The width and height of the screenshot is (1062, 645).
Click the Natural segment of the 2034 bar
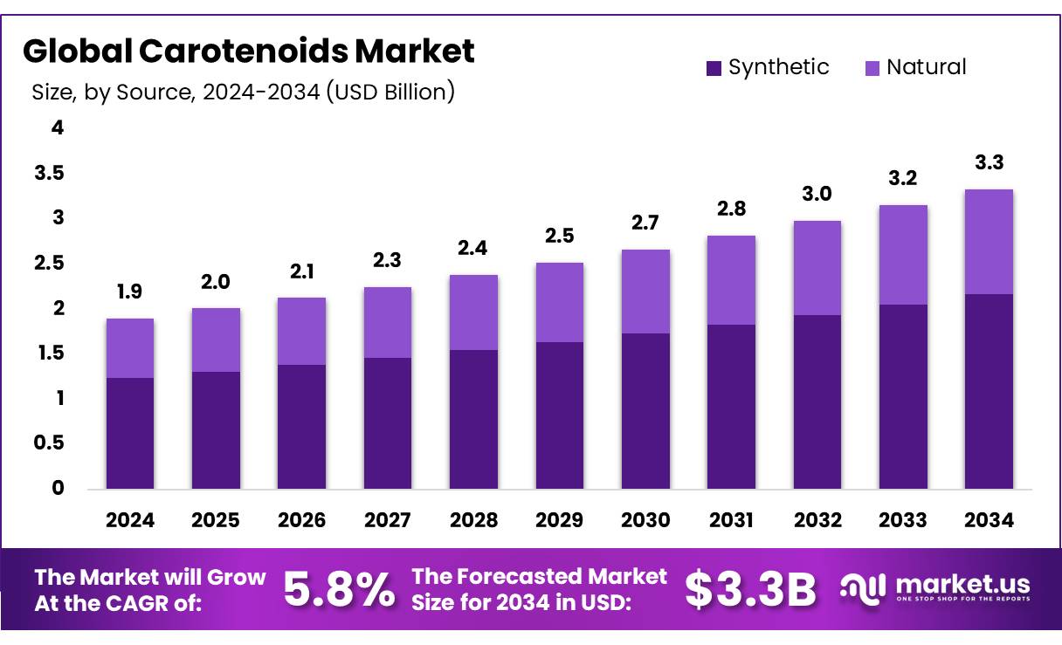[989, 242]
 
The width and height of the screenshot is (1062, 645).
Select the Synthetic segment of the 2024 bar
[130, 433]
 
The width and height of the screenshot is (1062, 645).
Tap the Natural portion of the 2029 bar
[559, 302]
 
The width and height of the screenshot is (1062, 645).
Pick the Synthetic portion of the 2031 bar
[731, 406]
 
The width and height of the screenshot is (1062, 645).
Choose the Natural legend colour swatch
[872, 68]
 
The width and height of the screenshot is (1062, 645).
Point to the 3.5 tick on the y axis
[49, 174]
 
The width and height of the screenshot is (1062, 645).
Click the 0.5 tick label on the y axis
[49, 443]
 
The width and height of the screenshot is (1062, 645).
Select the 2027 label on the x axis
[388, 520]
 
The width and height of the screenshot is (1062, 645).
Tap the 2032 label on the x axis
[817, 520]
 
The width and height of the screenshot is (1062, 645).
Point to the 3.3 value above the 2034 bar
[989, 163]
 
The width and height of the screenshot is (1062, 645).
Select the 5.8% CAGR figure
[339, 590]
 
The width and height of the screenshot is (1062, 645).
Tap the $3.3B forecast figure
[750, 590]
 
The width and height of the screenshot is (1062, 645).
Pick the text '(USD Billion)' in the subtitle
[390, 92]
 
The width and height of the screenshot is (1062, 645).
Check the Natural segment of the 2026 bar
[301, 331]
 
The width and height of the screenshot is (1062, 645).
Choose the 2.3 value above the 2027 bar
[388, 261]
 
